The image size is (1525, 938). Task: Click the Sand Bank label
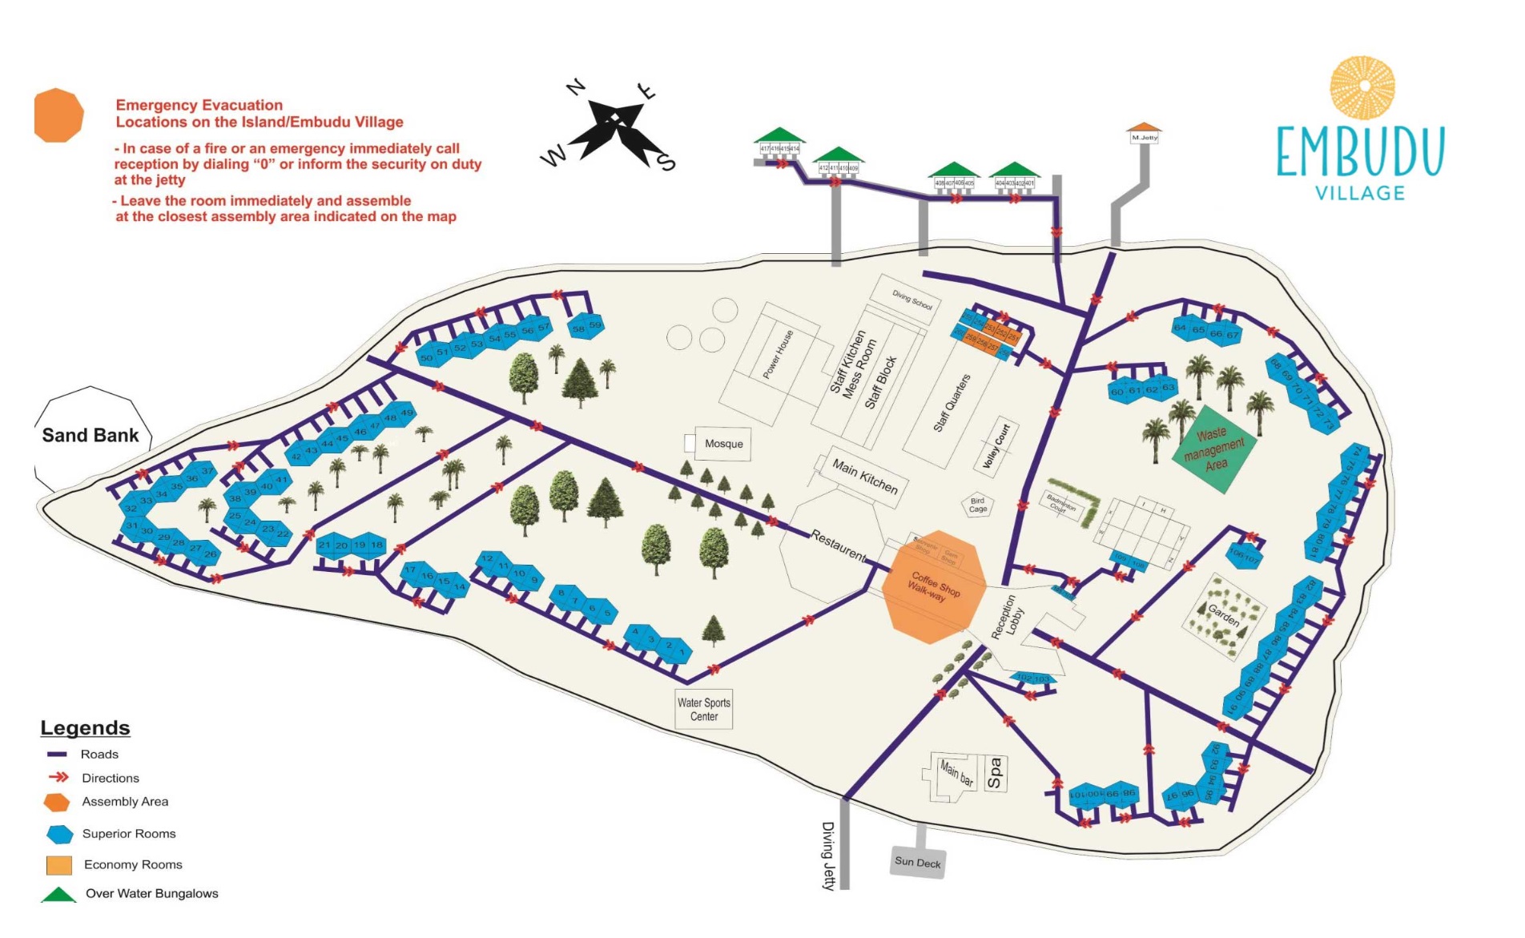coord(91,436)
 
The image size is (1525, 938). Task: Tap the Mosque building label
coord(723,444)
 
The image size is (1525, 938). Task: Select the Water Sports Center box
coord(704,709)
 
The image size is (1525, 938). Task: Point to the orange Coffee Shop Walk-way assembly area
coord(933,587)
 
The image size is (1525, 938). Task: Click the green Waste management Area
coord(1214,449)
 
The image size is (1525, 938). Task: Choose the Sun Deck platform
coord(918,862)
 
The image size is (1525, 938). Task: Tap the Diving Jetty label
coord(828,855)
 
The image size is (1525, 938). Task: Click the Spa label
coord(995,773)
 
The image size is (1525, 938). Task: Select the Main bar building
coord(956,774)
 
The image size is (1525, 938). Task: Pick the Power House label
coord(778,354)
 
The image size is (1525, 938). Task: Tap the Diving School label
coord(912,300)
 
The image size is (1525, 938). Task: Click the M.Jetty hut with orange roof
coord(1144,133)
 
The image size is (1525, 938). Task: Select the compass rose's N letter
coord(576,87)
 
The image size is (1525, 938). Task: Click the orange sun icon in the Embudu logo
coord(1362,88)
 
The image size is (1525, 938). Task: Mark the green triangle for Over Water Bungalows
coord(58,895)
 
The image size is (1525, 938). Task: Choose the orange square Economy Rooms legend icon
coord(59,865)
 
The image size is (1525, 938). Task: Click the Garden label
coord(1223,615)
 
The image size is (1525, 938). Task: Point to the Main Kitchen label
coord(864,476)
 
